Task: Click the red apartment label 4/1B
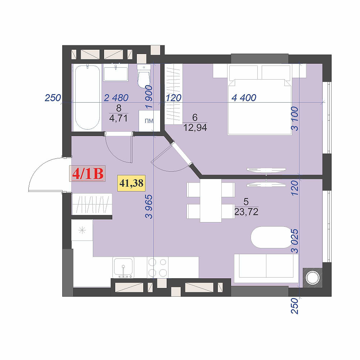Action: tap(88, 174)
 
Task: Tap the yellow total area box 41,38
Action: tap(131, 183)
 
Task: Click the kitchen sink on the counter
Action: tap(123, 267)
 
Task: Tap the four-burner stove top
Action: tap(158, 267)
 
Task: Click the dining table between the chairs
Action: tap(210, 200)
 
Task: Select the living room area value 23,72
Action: tap(246, 212)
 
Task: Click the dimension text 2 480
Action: tap(116, 98)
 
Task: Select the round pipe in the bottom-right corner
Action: tap(312, 277)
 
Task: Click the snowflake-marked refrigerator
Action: tap(82, 230)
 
